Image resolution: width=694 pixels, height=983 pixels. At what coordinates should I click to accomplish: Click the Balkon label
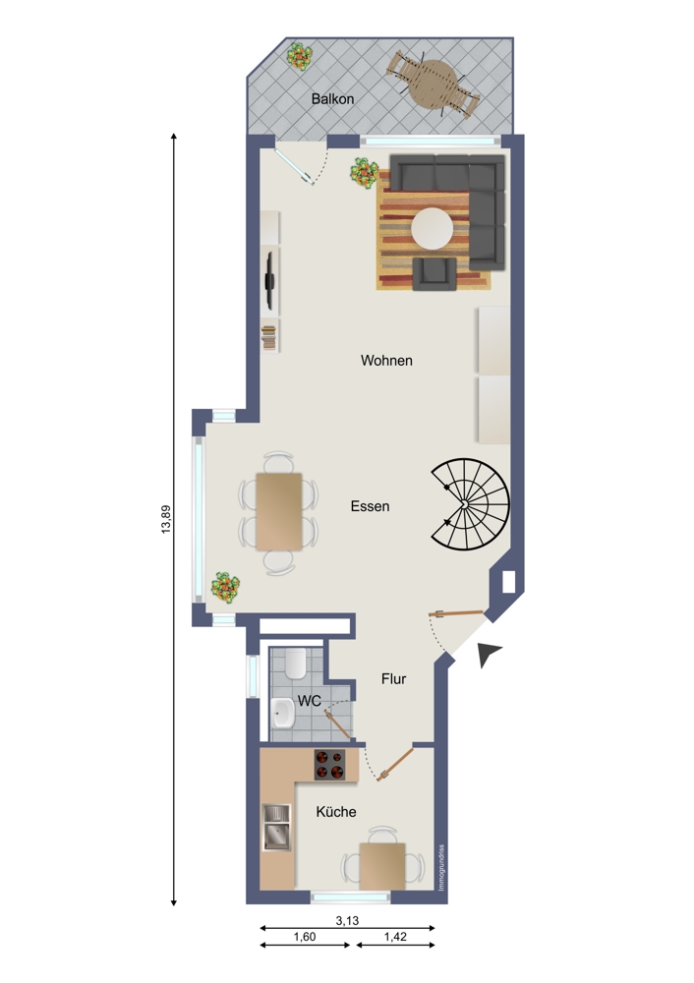(332, 99)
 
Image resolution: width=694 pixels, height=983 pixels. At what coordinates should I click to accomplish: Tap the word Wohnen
(386, 361)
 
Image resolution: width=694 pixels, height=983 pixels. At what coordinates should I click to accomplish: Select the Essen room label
(370, 506)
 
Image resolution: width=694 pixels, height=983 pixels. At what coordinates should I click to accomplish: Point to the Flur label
(394, 679)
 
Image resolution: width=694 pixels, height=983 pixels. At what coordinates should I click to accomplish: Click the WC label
(309, 701)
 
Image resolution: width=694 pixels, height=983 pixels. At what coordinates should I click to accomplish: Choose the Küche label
(336, 812)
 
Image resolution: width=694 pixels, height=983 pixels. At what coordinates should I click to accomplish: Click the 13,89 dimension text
(166, 519)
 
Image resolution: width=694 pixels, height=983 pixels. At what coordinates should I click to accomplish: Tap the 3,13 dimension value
(347, 920)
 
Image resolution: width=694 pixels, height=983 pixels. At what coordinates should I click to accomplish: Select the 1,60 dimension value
(305, 937)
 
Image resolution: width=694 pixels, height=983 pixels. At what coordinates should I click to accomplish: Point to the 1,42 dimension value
(395, 937)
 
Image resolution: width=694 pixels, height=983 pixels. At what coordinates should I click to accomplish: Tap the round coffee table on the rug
(433, 228)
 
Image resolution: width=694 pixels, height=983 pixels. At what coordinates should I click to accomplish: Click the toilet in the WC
(295, 664)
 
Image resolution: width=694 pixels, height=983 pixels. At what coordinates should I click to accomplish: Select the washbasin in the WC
(283, 713)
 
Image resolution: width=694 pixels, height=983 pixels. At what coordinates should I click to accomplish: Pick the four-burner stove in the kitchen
(329, 765)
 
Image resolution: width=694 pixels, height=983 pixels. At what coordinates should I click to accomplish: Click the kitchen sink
(276, 828)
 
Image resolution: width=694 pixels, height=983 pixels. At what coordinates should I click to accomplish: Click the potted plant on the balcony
(300, 56)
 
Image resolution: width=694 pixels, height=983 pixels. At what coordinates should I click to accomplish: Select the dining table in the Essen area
(279, 511)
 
